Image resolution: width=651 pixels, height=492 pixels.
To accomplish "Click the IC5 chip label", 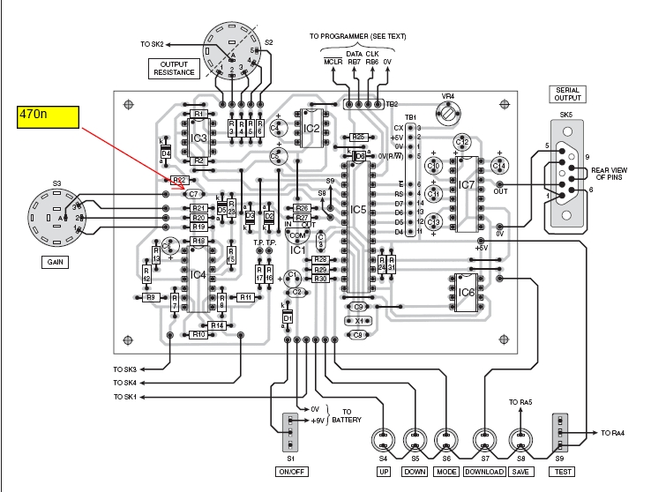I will [357, 209].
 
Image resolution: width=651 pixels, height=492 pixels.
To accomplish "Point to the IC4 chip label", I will [198, 275].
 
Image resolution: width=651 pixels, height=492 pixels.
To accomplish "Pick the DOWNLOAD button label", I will [483, 471].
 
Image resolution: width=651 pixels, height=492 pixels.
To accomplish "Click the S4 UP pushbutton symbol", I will [383, 438].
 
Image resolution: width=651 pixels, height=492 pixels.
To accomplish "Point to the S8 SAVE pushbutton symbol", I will [519, 438].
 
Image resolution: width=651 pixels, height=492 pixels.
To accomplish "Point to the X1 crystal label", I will [358, 321].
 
